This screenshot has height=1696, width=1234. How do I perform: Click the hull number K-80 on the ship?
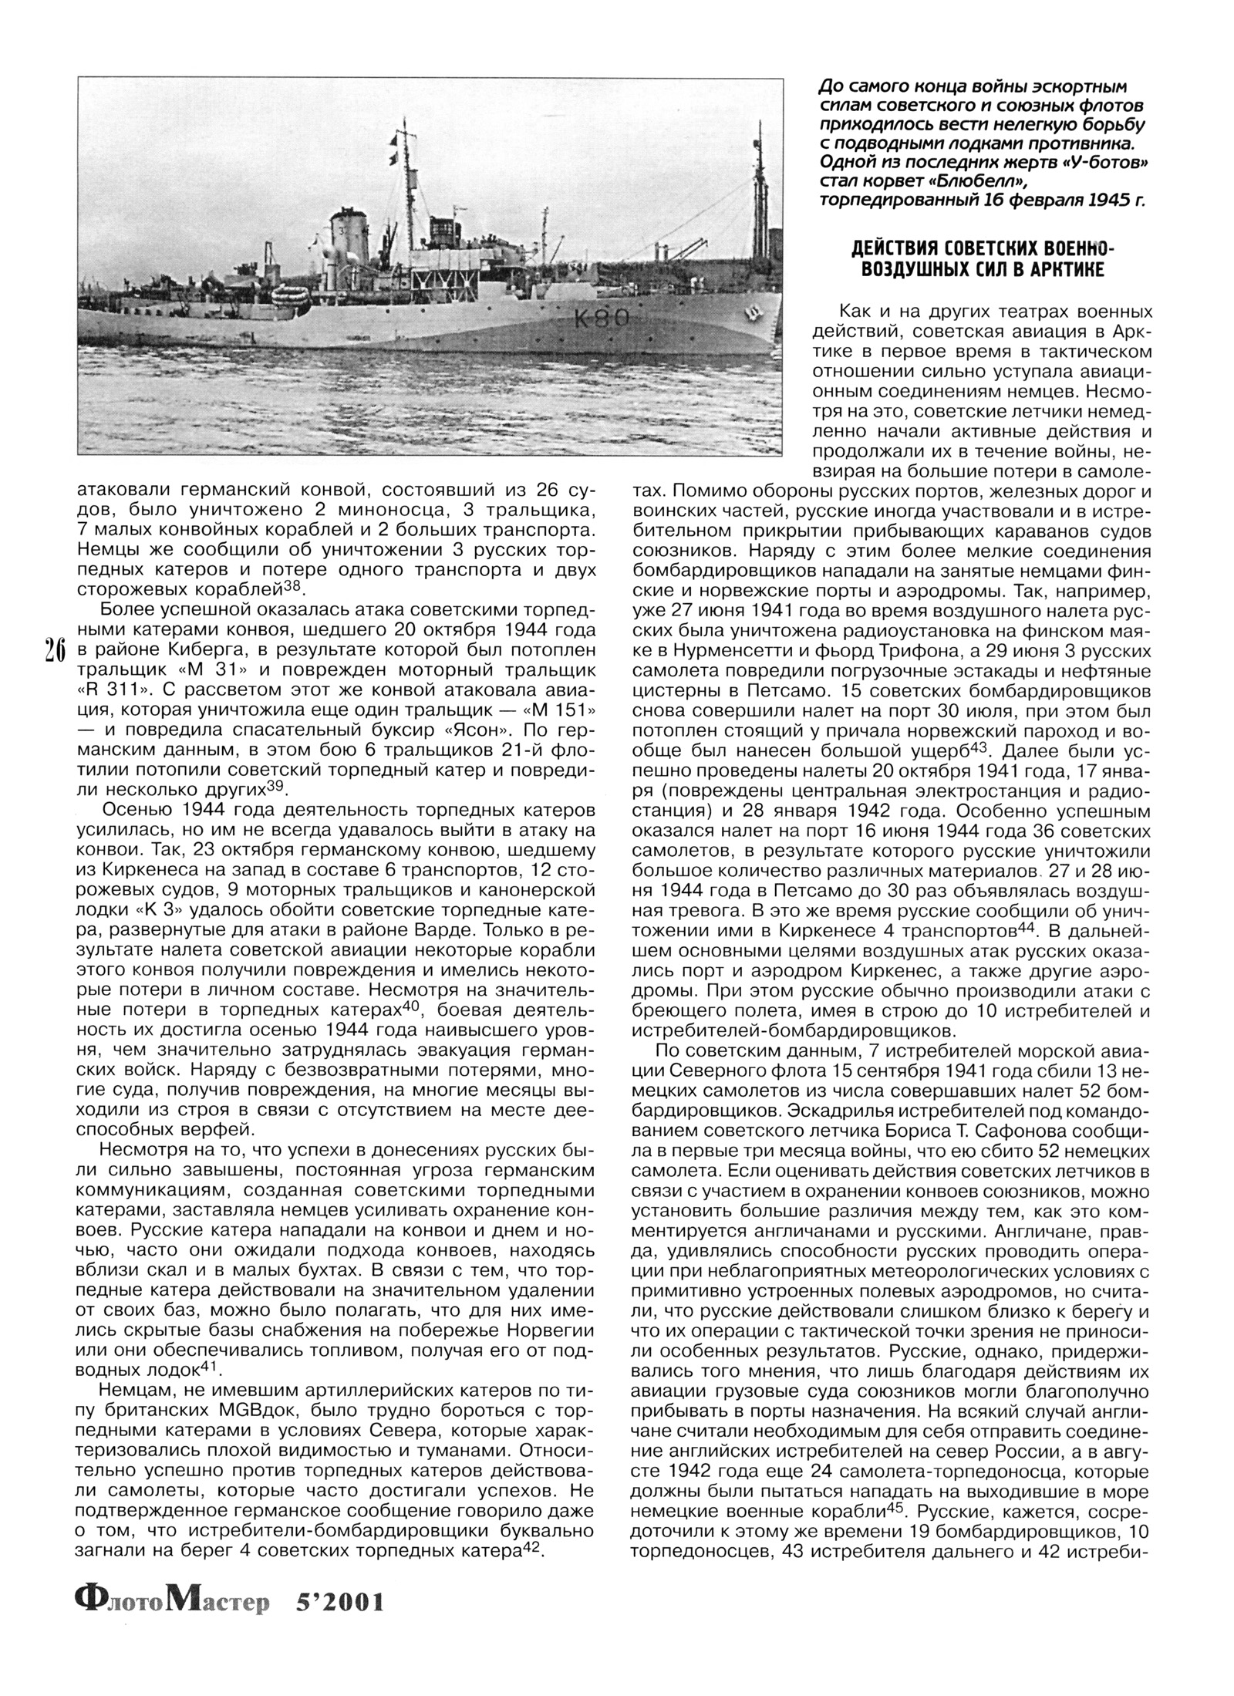[x=602, y=318]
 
